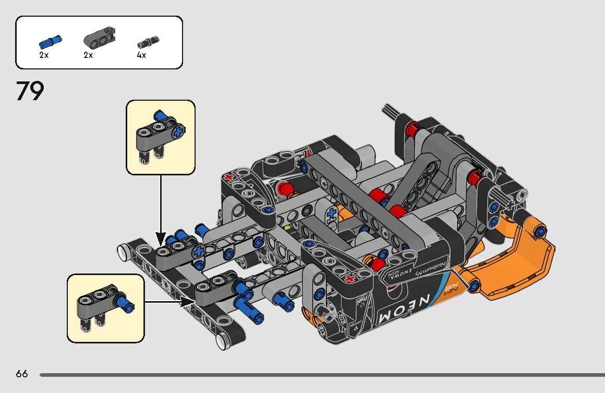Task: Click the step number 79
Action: [x=30, y=91]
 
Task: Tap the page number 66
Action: [x=22, y=374]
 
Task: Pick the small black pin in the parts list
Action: [x=148, y=41]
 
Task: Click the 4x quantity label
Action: [x=141, y=55]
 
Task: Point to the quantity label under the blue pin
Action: [x=44, y=55]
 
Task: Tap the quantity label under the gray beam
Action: [x=88, y=55]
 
